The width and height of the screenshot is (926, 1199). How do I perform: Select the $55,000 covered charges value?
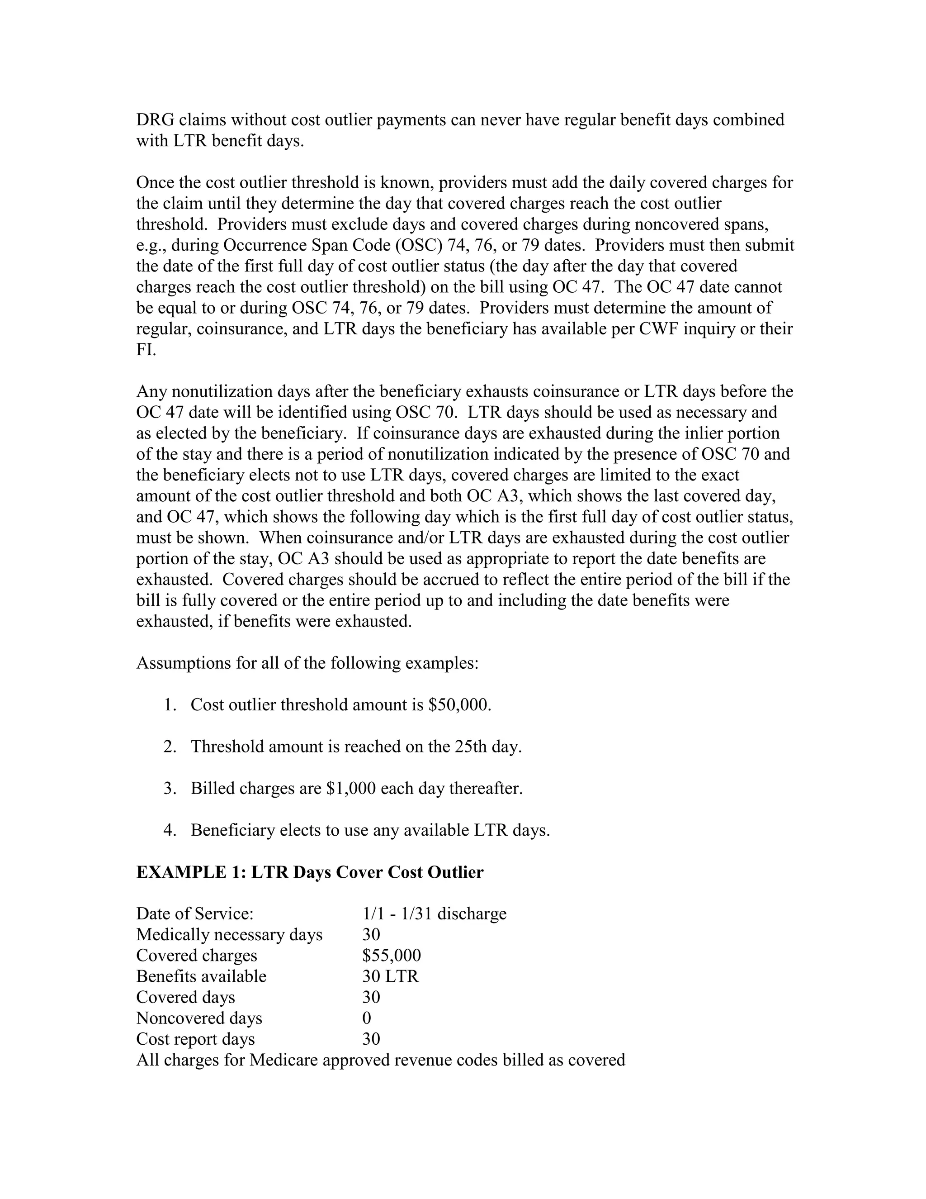[391, 956]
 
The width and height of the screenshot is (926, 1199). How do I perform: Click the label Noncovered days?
[199, 1018]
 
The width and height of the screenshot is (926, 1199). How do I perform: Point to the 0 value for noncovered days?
[366, 1018]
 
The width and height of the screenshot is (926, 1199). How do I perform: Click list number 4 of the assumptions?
[170, 830]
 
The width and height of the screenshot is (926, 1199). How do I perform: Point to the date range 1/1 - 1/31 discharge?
[434, 914]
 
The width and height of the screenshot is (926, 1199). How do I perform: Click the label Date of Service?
[195, 914]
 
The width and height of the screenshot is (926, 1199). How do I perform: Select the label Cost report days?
[195, 1039]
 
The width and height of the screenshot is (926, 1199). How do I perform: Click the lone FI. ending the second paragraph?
[146, 350]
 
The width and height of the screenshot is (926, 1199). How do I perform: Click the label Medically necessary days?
[229, 935]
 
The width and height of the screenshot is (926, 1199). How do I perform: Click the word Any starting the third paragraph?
[151, 391]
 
